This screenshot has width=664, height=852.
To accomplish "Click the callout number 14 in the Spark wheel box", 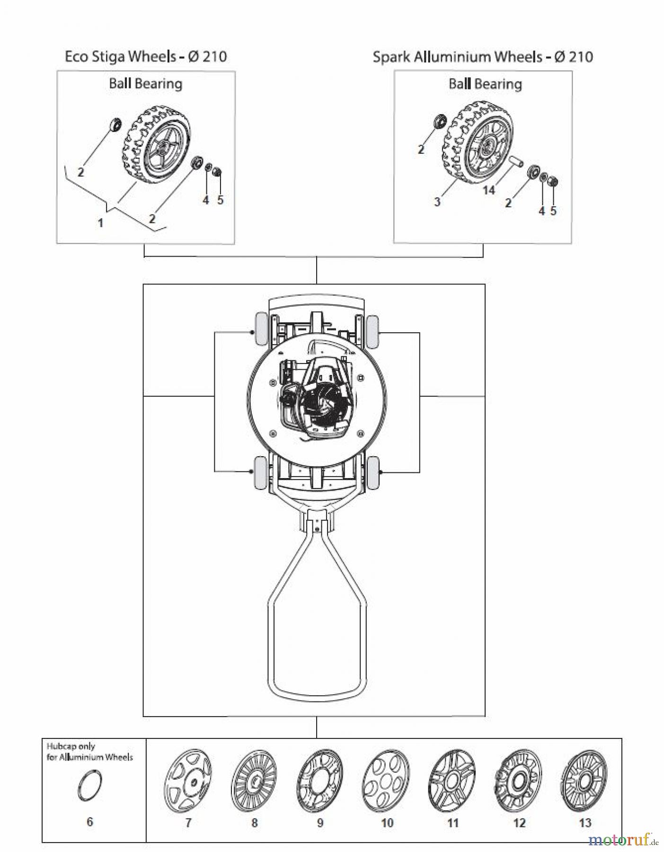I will [x=488, y=190].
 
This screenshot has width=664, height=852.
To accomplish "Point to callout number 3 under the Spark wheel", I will [x=437, y=202].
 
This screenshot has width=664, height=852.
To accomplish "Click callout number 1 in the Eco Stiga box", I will [x=100, y=222].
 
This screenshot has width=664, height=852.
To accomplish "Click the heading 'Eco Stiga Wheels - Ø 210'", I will [x=146, y=57].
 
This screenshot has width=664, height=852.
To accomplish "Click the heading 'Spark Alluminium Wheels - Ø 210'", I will [x=482, y=57].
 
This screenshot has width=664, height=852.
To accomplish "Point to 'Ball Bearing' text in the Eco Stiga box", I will [x=145, y=84].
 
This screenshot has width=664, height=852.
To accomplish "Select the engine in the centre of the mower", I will [x=315, y=395].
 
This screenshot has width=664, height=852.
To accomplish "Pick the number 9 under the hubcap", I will [x=320, y=823].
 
